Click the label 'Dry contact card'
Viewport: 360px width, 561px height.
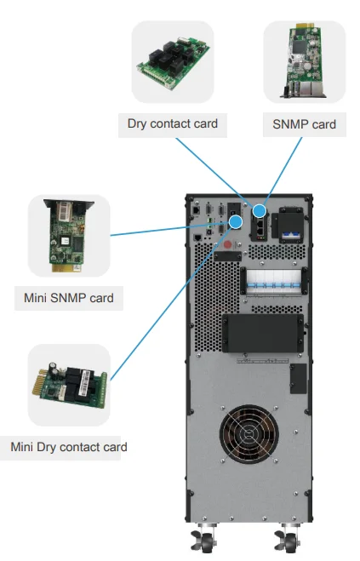pyautogui.click(x=173, y=123)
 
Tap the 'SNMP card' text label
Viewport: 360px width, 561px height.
pyautogui.click(x=304, y=124)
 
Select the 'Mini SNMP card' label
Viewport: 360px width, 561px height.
pyautogui.click(x=69, y=298)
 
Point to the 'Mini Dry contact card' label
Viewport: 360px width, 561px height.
pyautogui.click(x=69, y=447)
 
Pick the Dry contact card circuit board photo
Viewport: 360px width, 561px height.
pyautogui.click(x=173, y=63)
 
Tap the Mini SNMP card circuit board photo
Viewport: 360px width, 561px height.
pyautogui.click(x=68, y=236)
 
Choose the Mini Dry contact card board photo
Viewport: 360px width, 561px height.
pyautogui.click(x=70, y=385)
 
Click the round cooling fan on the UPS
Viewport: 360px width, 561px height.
pyautogui.click(x=249, y=433)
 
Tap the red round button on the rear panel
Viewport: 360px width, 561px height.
pyautogui.click(x=227, y=244)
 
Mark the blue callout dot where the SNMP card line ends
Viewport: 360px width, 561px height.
pyautogui.click(x=260, y=211)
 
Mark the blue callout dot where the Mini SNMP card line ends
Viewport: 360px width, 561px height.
pyautogui.click(x=236, y=222)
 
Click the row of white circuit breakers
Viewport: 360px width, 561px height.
pyautogui.click(x=274, y=283)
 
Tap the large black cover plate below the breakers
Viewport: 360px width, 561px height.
pyautogui.click(x=263, y=333)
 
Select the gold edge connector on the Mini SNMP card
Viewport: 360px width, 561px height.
pyautogui.click(x=67, y=268)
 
